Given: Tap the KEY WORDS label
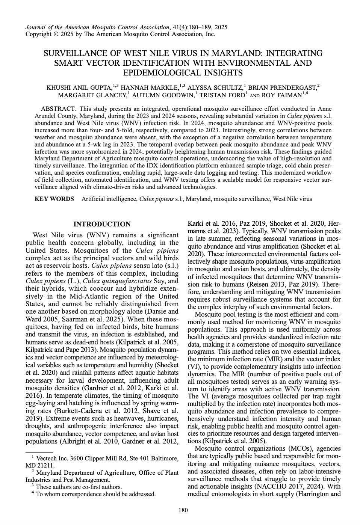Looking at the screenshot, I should tap(54, 199).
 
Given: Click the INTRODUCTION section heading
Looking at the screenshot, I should tap(102, 224).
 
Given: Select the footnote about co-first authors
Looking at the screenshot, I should tap(79, 487).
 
